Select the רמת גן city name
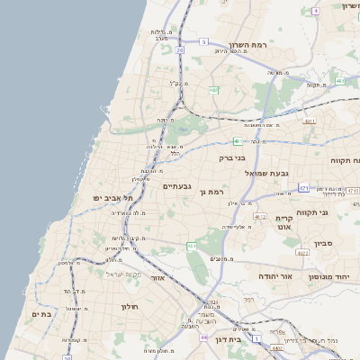[211, 192]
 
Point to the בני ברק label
[232, 157]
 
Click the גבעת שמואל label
[267, 172]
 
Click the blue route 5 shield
[204, 42]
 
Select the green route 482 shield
[213, 91]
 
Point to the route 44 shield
[205, 337]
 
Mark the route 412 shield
[260, 217]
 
